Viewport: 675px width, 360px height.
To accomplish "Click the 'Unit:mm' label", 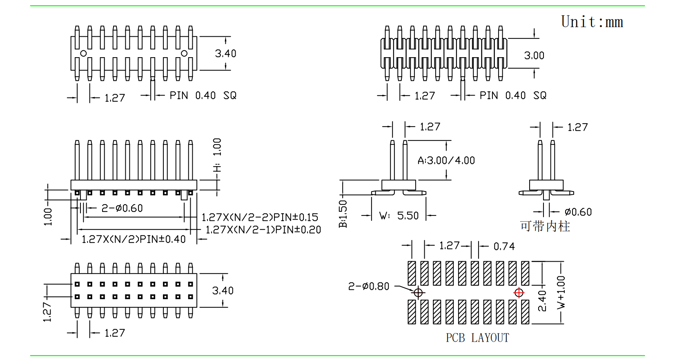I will pos(592,22).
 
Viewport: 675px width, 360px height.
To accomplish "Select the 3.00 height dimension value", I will pos(534,56).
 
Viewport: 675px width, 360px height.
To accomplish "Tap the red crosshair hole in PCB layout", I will pos(519,293).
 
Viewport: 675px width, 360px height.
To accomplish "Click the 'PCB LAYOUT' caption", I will pos(477,338).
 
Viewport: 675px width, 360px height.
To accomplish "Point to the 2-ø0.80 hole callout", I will pos(369,287).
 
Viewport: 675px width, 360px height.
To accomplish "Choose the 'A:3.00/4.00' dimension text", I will pos(446,160).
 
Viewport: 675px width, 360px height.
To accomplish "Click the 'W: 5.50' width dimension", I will pos(399,216).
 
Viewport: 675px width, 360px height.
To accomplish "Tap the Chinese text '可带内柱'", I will pos(545,226).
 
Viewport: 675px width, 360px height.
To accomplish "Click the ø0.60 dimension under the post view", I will pos(578,212).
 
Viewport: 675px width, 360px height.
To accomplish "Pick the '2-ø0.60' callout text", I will pos(122,208).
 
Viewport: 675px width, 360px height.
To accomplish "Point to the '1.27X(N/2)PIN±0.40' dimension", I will pos(134,239).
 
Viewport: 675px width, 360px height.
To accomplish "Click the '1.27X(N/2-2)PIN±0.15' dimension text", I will pos(260,217).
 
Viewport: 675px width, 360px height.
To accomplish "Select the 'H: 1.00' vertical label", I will pos(217,155).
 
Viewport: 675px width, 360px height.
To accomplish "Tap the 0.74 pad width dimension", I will pos(504,246).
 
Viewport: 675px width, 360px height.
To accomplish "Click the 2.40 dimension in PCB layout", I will pos(542,300).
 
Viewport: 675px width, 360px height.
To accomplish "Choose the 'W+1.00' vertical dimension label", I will pos(561,292).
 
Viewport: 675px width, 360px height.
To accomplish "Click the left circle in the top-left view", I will pos(83,53).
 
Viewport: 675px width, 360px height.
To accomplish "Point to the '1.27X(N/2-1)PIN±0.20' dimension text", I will pos(263,230).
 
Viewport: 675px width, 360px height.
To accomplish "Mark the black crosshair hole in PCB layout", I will pos(418,293).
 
